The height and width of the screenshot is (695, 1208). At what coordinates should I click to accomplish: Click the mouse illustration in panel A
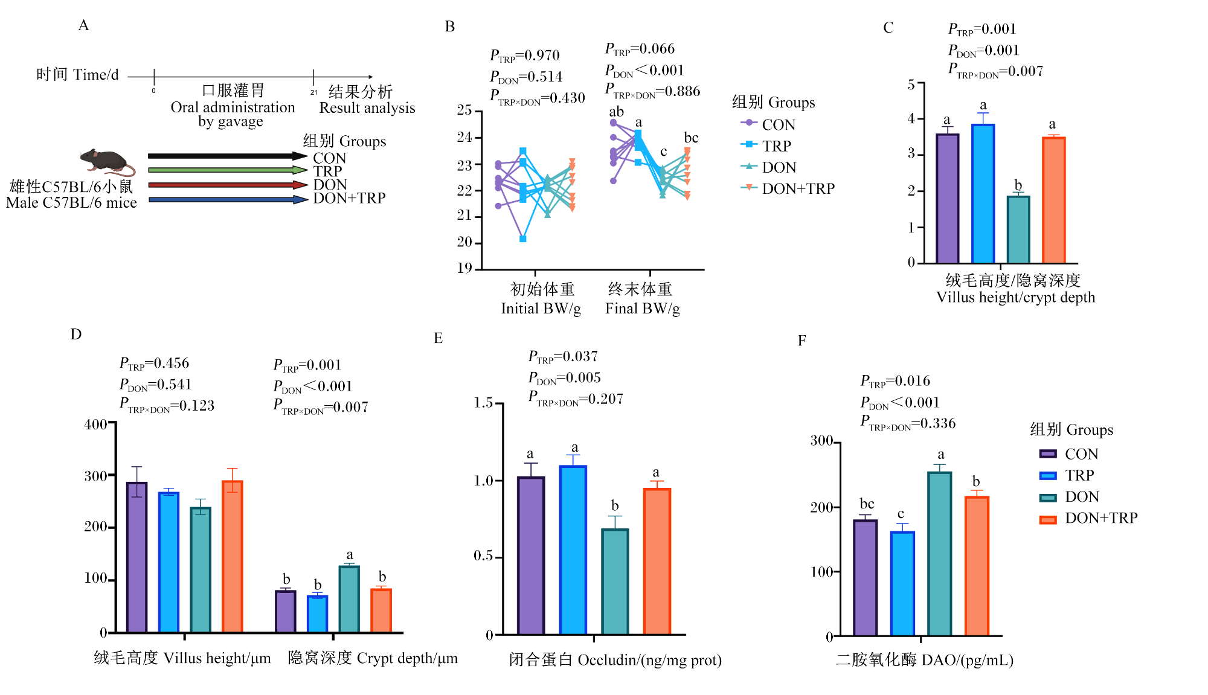coord(108,161)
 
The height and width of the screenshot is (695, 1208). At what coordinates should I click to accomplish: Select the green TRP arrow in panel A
coord(228,170)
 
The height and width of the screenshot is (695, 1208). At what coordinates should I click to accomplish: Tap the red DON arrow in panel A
coord(228,185)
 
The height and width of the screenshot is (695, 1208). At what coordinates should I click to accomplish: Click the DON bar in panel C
coord(1018,229)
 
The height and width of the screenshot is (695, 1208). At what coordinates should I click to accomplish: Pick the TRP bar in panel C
coord(983,194)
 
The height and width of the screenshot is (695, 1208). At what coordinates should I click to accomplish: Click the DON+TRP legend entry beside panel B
coord(788,188)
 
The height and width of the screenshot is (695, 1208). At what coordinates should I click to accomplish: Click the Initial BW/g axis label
coord(541,309)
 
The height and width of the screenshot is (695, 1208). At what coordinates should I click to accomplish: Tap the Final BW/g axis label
coord(643,309)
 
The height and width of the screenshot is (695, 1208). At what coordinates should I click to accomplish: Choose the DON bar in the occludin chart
coord(615,581)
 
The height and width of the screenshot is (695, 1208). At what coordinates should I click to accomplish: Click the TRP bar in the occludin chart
coord(573,550)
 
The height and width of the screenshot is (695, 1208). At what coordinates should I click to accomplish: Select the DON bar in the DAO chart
coord(940,554)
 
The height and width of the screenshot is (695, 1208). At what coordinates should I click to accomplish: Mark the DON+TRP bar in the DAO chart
coord(977,566)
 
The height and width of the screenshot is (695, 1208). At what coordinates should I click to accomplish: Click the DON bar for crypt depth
coord(349,599)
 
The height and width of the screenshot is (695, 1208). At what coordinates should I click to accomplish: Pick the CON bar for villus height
coord(137,557)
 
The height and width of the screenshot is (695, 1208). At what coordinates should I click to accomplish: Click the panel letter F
coord(802,341)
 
